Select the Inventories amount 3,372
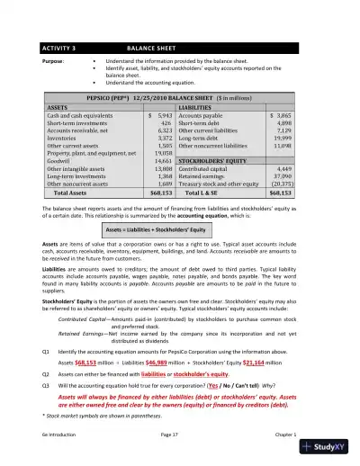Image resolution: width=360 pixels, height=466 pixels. (x=163, y=139)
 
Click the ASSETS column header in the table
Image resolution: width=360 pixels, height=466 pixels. (x=58, y=106)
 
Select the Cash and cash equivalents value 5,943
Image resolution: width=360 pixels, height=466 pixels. (x=163, y=117)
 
